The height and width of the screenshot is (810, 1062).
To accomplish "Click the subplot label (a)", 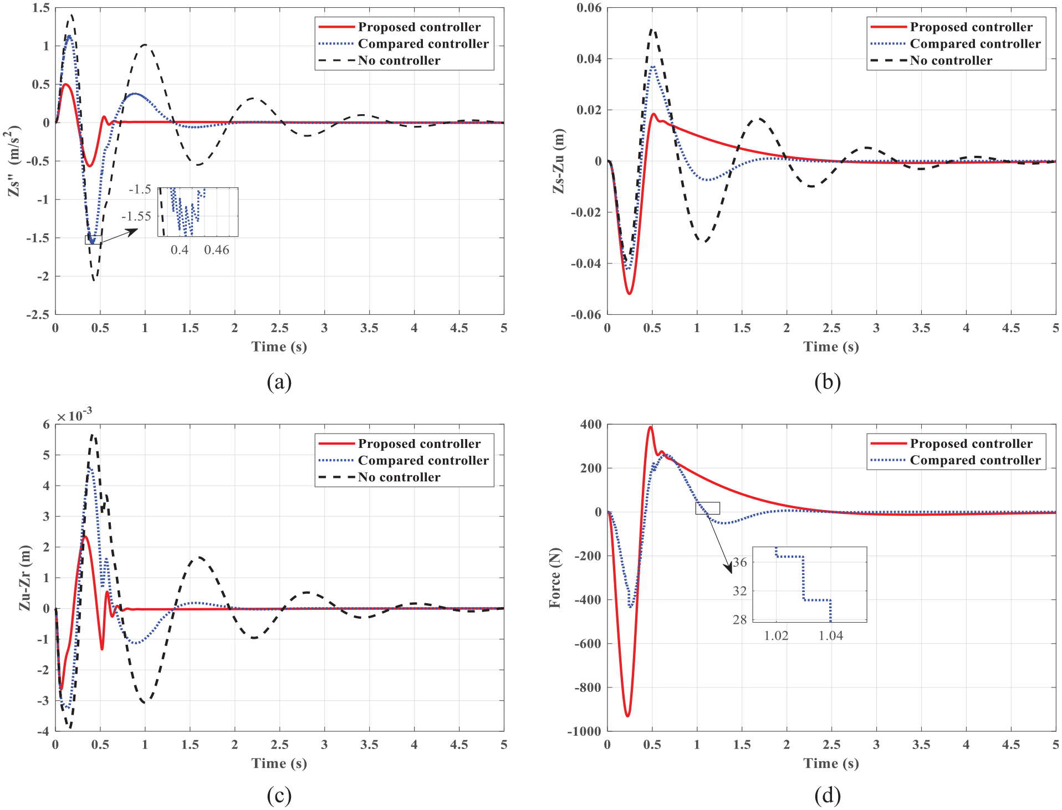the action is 279,382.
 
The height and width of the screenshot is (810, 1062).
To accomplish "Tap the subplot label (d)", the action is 828,796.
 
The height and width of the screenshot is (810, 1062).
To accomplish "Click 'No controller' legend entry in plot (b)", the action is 951,60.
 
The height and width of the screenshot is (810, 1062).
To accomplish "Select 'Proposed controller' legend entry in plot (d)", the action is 971,444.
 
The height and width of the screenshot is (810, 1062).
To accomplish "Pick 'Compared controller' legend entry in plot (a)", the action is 423,44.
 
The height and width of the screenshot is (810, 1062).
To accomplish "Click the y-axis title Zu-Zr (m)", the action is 25,578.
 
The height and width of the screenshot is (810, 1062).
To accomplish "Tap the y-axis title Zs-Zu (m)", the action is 559,161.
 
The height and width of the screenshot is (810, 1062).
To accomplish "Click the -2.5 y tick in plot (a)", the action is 37,314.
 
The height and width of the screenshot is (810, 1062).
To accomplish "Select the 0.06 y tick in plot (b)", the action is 589,8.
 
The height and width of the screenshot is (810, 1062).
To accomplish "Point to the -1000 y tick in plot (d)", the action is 584,731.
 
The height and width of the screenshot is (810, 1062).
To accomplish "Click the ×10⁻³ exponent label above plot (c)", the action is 74,415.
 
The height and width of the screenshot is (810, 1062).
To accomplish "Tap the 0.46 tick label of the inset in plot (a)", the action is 217,250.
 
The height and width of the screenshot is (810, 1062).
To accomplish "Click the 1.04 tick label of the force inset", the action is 831,636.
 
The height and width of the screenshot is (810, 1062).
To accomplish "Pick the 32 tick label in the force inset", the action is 739,591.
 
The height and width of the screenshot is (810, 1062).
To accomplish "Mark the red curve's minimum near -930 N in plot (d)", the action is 627,716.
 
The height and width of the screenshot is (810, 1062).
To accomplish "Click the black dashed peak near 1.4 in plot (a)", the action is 71,15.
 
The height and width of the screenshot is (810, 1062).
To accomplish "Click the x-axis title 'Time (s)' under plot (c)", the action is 279,763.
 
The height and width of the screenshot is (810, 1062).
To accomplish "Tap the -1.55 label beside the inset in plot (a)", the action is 136,216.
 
